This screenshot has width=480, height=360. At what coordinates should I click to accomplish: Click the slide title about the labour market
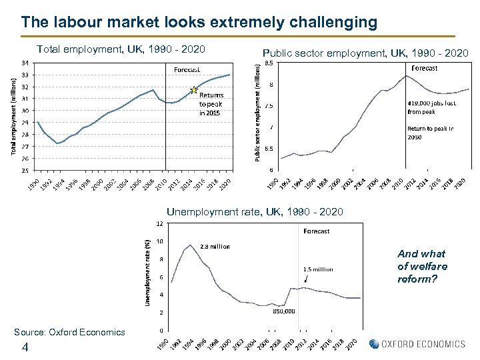(x=199, y=22)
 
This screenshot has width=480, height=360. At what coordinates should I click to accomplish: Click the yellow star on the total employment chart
(x=194, y=89)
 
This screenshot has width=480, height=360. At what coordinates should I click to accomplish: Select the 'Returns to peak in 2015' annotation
(x=212, y=104)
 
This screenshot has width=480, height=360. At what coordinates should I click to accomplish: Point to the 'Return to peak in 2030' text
(x=430, y=133)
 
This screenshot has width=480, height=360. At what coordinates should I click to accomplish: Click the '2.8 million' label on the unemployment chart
(x=215, y=247)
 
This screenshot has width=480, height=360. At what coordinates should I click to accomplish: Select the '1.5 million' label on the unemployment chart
(x=318, y=269)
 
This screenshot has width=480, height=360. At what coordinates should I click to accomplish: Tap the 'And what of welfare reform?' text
(x=422, y=265)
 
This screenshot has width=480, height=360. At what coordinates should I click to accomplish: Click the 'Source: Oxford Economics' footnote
(x=69, y=332)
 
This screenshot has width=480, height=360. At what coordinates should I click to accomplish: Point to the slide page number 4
(x=25, y=347)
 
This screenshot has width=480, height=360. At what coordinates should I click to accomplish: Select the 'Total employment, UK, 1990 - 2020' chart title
(x=121, y=49)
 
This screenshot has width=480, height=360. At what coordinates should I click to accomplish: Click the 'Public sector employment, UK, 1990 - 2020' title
(x=365, y=53)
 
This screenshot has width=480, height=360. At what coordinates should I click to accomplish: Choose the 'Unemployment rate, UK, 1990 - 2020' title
(x=255, y=212)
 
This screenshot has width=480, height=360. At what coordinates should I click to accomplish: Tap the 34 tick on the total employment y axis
(x=25, y=63)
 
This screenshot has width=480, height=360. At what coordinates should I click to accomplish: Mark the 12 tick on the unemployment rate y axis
(x=160, y=223)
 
